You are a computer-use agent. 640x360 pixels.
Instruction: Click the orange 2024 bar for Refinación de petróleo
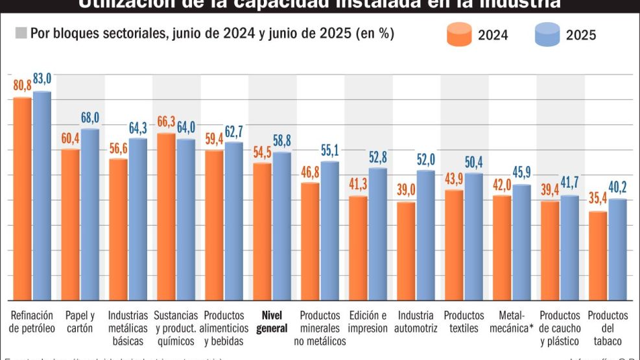23,198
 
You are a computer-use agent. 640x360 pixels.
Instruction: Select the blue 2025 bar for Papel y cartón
90,214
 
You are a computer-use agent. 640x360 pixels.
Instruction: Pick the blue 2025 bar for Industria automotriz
425,235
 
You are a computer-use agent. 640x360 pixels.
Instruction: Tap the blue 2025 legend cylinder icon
547,34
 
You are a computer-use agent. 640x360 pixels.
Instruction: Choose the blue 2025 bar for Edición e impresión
377,234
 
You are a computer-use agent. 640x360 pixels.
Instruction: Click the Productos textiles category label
464,322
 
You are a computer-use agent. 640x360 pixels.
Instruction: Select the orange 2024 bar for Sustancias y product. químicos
167,216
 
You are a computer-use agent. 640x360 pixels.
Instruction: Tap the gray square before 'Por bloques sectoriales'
21,32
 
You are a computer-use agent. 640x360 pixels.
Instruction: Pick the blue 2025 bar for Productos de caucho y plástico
569,247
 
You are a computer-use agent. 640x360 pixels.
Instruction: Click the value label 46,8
310,172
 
